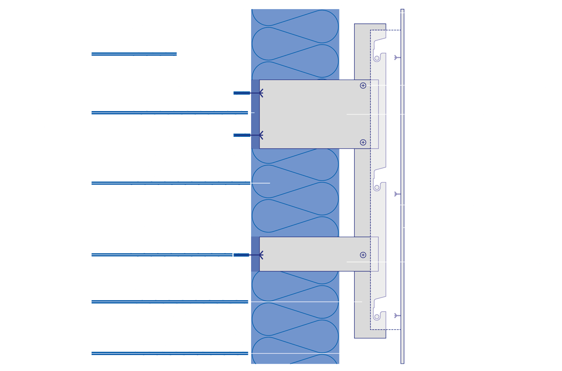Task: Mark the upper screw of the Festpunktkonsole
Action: pos(363,85)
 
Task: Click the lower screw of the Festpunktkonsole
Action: pos(363,142)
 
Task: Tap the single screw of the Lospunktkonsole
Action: pos(363,255)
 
